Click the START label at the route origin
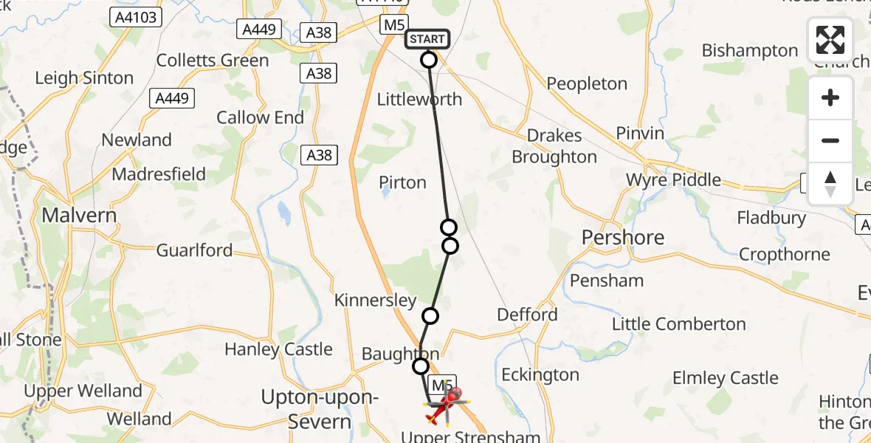[427, 39]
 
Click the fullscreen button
[830, 40]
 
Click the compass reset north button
[830, 184]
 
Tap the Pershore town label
[623, 237]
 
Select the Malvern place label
[80, 216]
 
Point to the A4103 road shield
[136, 16]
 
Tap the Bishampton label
[750, 51]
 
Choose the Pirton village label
[402, 182]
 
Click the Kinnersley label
[375, 301]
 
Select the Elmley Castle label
[725, 379]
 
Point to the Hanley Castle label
[279, 349]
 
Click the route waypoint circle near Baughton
[420, 366]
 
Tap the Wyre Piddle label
[673, 180]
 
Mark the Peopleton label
[587, 84]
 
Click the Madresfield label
[159, 175]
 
